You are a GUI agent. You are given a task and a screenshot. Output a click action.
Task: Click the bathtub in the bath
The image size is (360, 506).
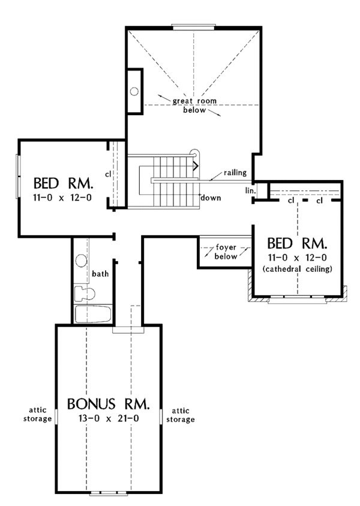click(x=92, y=314)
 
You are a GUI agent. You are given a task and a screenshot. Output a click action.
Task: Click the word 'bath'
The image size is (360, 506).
click(x=100, y=274)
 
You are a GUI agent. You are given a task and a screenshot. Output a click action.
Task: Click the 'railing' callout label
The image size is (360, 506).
click(x=235, y=173)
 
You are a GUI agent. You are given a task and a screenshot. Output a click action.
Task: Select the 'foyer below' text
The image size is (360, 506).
click(x=226, y=250)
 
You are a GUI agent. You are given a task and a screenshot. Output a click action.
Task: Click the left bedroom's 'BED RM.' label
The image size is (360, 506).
click(x=62, y=182)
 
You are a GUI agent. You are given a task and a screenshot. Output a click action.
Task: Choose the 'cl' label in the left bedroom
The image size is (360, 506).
click(x=107, y=174)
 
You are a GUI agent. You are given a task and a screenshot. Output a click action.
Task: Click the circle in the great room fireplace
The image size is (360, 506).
click(x=135, y=91)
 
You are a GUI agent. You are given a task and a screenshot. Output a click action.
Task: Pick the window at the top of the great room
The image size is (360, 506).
click(x=193, y=26)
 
